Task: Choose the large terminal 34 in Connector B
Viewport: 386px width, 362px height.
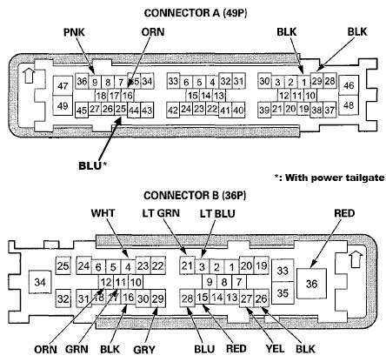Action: click(x=38, y=282)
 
